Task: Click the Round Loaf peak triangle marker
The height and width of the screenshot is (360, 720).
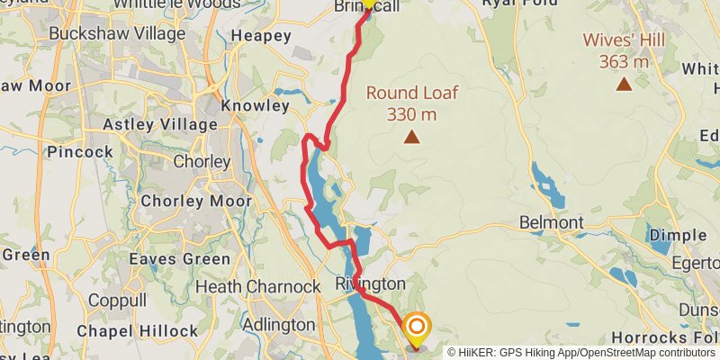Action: tap(411, 138)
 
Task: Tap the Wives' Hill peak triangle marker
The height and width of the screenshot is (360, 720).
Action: tap(623, 85)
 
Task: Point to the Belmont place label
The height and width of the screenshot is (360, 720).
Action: tap(552, 222)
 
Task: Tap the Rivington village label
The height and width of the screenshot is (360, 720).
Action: tap(370, 283)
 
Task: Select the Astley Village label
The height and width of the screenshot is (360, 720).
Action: tap(160, 123)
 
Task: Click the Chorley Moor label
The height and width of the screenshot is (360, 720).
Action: tap(196, 201)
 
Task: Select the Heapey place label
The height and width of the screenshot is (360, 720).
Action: tap(261, 36)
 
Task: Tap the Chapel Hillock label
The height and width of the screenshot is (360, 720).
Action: tap(137, 331)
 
